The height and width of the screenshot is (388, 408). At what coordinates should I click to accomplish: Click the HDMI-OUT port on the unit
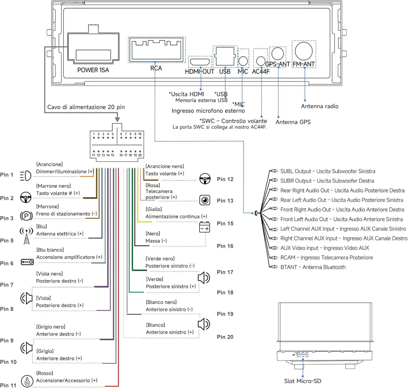tap(200, 62)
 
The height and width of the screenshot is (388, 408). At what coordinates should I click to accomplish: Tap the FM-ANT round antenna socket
tap(303, 51)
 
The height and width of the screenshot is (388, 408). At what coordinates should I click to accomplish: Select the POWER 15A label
tap(93, 70)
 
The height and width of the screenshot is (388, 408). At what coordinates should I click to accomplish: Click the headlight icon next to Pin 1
tap(26, 176)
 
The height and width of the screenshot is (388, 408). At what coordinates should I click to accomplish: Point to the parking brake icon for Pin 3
tap(26, 216)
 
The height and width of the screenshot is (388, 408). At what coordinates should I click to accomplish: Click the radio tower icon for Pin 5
tap(26, 236)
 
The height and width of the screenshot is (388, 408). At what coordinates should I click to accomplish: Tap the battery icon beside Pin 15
tap(204, 227)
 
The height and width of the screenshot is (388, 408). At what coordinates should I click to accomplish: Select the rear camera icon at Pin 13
tap(205, 200)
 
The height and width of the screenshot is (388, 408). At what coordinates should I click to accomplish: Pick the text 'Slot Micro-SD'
tap(302, 381)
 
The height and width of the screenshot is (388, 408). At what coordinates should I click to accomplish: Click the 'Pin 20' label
tap(225, 337)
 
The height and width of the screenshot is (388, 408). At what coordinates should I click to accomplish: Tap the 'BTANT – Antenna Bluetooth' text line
tap(313, 267)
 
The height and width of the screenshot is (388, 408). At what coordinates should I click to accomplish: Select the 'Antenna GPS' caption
tap(293, 122)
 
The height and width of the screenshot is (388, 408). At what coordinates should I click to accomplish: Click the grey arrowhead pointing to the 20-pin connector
tap(118, 119)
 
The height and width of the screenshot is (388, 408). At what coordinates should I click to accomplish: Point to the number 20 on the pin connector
tap(140, 155)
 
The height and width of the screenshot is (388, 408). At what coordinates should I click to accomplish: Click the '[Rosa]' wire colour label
tap(153, 185)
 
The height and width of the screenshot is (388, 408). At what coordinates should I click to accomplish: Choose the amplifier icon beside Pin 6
tap(27, 262)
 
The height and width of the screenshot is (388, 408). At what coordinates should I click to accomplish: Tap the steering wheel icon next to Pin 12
tap(205, 179)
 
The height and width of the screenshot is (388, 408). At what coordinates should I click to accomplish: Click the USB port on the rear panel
tap(225, 56)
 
